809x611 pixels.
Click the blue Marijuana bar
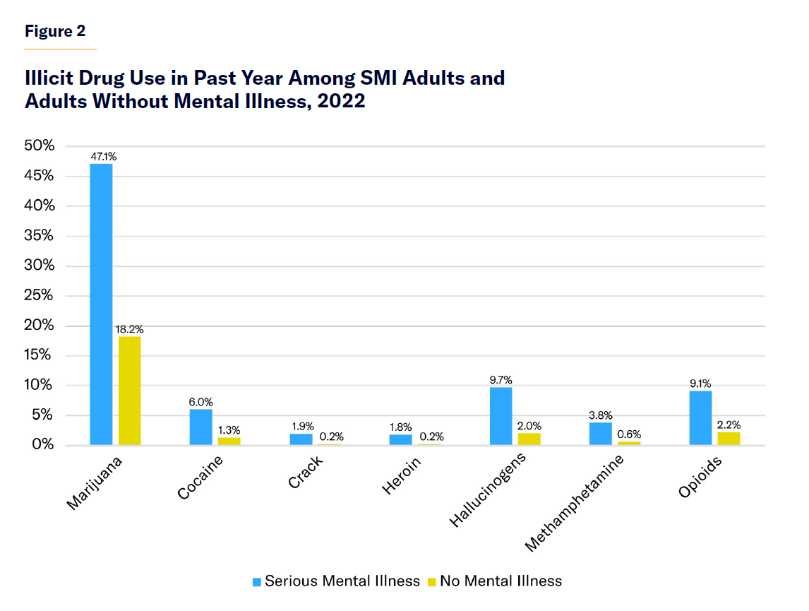coord(101,304)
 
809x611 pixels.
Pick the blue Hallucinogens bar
coord(501,416)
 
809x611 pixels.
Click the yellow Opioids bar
coord(729,438)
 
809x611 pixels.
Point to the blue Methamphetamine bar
coord(600,433)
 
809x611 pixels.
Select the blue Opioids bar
coord(700,417)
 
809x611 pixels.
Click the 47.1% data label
coord(102,158)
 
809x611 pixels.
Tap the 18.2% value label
coord(130,329)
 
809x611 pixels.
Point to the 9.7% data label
coord(501,380)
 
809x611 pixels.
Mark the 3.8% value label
coord(600,415)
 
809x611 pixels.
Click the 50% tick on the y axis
coord(40,146)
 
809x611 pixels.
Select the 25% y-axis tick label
coord(40,295)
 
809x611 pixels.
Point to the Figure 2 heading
coord(55,31)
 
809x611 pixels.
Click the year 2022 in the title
coord(342,100)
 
